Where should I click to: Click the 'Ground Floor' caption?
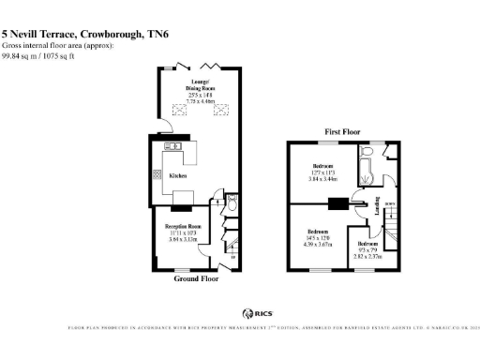198,278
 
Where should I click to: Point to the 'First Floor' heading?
344,132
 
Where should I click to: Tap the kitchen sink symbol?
173,146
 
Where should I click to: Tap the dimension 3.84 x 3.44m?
323,177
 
